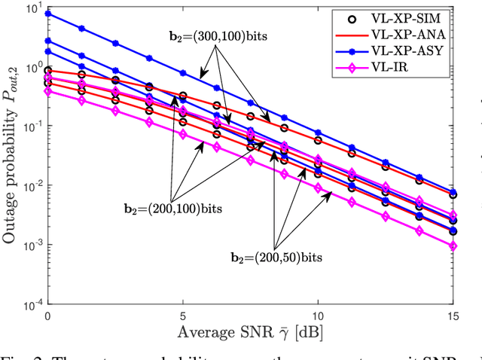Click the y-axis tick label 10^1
(32, 8)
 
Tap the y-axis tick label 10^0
(32, 67)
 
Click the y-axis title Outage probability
(11, 156)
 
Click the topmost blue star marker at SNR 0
(48, 14)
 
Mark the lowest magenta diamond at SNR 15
(453, 246)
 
